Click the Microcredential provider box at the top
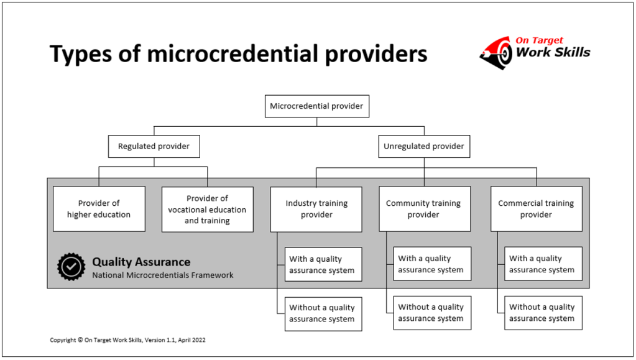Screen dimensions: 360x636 pos(316,106)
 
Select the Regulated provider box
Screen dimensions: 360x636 pos(154,147)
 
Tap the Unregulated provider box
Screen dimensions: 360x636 pos(423,147)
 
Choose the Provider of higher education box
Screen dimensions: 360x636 pos(99,209)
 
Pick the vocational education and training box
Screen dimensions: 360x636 pos(207,210)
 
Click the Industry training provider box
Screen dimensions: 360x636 pos(316,209)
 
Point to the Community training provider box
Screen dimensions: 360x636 pos(423,209)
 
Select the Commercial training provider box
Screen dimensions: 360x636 pos(536,209)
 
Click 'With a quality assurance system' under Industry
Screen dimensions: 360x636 pos(323,264)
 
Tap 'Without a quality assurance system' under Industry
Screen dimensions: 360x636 pos(323,313)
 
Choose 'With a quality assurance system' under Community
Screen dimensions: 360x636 pos(431,264)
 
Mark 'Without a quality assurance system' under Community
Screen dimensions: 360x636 pos(431,313)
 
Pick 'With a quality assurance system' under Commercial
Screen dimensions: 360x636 pos(543,264)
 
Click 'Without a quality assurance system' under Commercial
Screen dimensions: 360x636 pos(543,313)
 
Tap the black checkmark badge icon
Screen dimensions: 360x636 pos(71,267)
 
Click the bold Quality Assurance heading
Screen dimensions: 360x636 pos(141,262)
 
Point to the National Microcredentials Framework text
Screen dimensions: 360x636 pos(163,275)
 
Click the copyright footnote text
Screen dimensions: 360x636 pos(127,340)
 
